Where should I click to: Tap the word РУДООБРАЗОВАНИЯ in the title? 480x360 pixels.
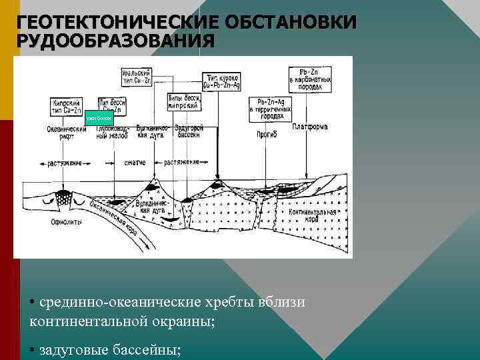tap(115, 41)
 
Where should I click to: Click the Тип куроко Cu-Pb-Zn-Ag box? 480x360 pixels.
tap(221, 82)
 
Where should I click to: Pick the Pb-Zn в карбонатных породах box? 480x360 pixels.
tap(311, 78)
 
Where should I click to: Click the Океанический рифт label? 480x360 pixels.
tap(67, 133)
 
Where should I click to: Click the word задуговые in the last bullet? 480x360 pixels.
tap(73, 350)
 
